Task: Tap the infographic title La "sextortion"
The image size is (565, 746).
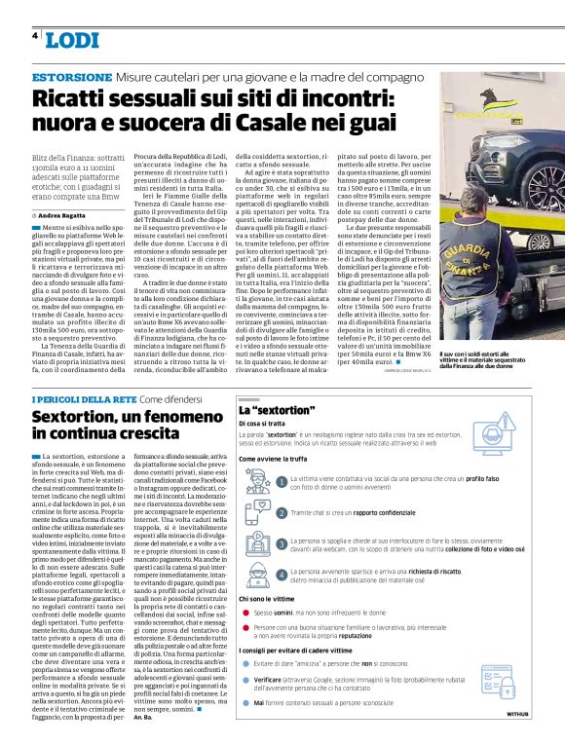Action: pos(277,411)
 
